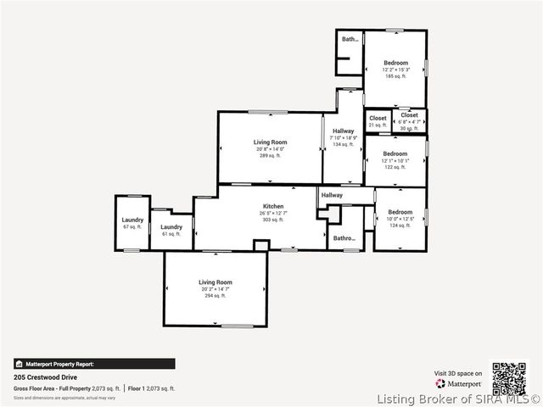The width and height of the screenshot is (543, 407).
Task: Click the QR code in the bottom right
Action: [509, 378]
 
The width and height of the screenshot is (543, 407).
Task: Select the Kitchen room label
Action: [272, 212]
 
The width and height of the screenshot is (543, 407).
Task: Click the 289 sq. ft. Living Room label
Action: [270, 148]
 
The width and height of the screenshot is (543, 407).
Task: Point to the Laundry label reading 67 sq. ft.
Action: [132, 223]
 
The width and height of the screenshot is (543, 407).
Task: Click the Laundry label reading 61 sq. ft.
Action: [171, 230]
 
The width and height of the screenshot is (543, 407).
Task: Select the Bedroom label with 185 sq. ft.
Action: [395, 69]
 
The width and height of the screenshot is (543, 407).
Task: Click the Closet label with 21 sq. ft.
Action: [378, 121]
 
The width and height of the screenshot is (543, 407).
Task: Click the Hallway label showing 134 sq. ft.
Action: [343, 137]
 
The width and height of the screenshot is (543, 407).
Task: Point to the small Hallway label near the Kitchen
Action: [332, 195]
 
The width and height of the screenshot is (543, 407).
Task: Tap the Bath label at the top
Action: [350, 39]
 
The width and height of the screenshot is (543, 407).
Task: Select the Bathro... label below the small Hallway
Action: [344, 238]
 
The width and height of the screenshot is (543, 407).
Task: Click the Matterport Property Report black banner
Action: [94, 364]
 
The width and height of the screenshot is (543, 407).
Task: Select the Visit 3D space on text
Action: [458, 373]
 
